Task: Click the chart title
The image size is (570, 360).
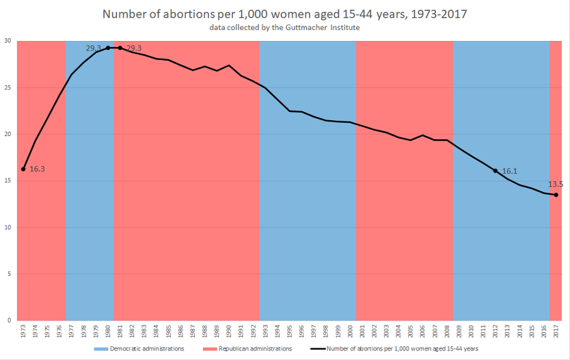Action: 285,14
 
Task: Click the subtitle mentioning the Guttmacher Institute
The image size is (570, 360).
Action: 285,28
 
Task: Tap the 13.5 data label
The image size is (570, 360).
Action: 554,184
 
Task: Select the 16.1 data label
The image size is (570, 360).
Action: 510,171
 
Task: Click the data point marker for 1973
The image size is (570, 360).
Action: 23,169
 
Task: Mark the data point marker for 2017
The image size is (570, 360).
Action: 556,195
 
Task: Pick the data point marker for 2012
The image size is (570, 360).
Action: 496,170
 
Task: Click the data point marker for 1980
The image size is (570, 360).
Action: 108,48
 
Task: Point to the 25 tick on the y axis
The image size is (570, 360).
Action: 9,87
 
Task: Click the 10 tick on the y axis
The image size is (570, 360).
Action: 9,227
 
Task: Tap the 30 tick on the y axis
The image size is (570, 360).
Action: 9,41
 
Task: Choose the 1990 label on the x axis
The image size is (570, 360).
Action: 229,332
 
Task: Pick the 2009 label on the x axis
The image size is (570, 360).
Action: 459,332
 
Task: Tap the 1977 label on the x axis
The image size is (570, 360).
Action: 72,332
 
